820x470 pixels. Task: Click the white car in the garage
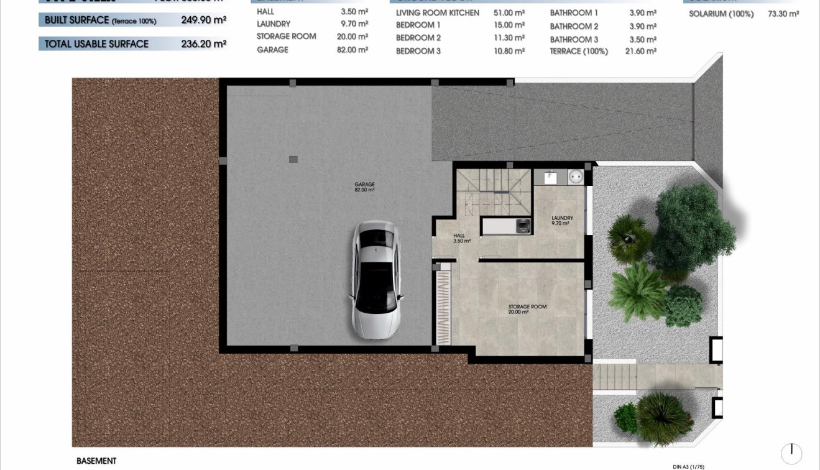(x=375, y=280)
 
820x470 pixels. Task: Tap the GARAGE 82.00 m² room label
(x=364, y=187)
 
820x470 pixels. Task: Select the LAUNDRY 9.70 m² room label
(x=562, y=221)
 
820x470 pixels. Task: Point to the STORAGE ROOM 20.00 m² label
(x=527, y=309)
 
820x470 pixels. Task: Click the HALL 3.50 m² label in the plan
(x=461, y=238)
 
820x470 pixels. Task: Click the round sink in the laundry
(x=576, y=177)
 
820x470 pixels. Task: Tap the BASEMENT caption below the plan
(x=96, y=461)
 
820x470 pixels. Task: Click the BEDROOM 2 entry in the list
(x=418, y=38)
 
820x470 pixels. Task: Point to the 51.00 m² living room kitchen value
(x=509, y=12)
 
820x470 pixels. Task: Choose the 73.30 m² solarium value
(x=783, y=14)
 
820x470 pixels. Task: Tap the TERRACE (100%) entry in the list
(x=578, y=52)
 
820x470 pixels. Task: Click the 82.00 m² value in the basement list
(x=352, y=50)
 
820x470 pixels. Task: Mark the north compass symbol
(x=791, y=453)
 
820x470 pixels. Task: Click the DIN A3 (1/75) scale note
(x=688, y=466)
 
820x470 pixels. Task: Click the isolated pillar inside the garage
(x=293, y=159)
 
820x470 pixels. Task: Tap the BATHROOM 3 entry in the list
(x=574, y=40)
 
